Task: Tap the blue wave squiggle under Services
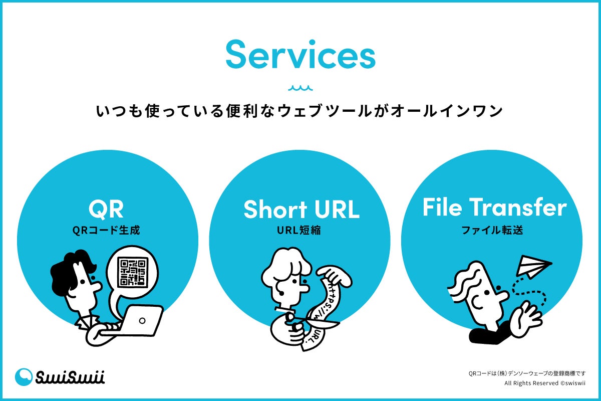[x=300, y=88]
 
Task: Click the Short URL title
[x=301, y=210]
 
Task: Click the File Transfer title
[x=494, y=208]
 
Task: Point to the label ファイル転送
[x=494, y=231]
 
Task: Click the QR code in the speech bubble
[x=133, y=272]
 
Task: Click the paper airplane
[x=532, y=266]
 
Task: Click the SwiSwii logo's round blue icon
[x=24, y=377]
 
